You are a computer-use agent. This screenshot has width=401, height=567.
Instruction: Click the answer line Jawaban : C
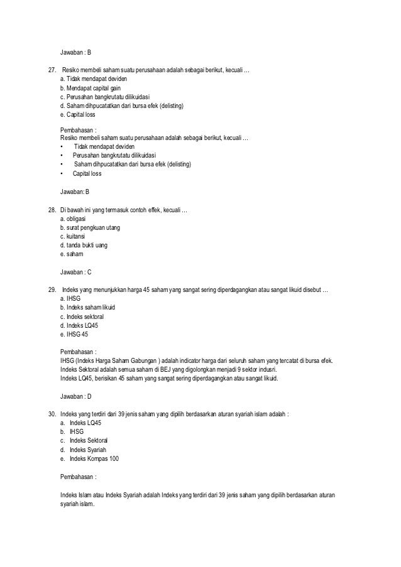point(76,272)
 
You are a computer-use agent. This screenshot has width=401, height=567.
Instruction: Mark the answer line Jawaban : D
point(76,397)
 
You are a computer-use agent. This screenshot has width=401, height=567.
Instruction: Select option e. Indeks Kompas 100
point(89,459)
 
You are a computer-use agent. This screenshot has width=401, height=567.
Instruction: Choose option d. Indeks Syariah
point(87,450)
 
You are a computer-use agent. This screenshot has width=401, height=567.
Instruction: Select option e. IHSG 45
point(74,334)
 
